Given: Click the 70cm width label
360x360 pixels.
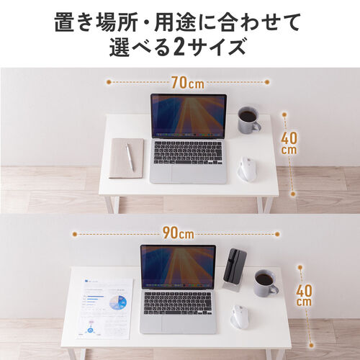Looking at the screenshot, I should [187, 83].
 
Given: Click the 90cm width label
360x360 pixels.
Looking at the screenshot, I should [177, 233].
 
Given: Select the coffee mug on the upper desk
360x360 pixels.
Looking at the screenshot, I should [248, 120].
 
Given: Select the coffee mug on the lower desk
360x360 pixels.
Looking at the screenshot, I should [265, 283].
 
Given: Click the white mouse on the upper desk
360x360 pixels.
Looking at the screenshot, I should [246, 169].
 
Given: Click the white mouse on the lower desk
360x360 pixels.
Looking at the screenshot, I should [239, 318].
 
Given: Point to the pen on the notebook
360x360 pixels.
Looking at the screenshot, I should [130, 156].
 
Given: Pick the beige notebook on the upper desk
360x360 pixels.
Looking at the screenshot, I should [127, 158].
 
